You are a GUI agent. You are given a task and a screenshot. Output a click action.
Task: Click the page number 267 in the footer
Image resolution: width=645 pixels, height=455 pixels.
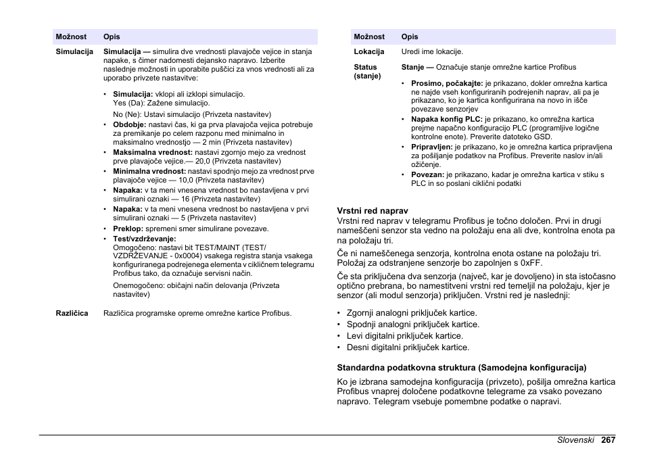pos(607,439)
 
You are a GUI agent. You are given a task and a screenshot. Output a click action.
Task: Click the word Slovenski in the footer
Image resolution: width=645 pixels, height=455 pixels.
pos(575,439)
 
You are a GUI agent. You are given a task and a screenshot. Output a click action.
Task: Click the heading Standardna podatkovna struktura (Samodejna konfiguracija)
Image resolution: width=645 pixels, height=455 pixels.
pos(462,368)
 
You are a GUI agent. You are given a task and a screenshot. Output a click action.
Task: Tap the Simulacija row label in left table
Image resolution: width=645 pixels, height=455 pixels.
pos(74,51)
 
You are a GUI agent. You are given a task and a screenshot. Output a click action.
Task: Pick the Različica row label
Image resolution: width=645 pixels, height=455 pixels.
pos(72,313)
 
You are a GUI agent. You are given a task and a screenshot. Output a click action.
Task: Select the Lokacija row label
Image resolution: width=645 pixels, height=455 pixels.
pos(369,51)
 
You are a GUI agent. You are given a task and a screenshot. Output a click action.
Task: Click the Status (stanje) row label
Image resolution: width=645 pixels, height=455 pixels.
pos(367,72)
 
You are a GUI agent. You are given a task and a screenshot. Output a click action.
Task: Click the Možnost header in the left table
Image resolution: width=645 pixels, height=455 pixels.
pos(70,37)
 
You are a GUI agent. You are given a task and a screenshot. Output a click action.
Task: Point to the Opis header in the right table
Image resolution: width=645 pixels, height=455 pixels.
pos(410,37)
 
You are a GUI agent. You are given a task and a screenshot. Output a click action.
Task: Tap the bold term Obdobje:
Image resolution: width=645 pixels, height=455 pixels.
pos(130,125)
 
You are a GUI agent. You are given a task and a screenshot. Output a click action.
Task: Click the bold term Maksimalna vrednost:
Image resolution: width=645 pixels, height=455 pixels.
pos(153,153)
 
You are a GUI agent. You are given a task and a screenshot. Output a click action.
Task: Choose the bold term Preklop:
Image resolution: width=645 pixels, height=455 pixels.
pos(128,229)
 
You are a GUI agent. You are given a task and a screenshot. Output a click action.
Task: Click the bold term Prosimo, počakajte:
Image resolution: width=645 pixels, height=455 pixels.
pos(447,84)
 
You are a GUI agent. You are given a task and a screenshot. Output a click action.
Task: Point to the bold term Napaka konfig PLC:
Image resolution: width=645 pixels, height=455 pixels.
pos(446,119)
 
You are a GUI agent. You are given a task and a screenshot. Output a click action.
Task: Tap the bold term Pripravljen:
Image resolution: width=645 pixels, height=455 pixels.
pos(431,147)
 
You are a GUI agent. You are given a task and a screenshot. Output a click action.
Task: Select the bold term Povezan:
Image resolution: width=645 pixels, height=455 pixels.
pos(427,174)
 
